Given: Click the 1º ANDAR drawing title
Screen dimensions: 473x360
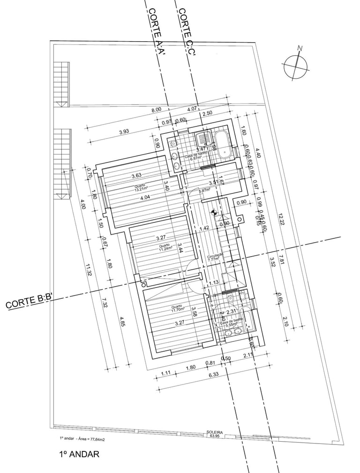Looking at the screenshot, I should [79, 454].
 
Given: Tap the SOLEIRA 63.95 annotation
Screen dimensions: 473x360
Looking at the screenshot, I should [214, 434].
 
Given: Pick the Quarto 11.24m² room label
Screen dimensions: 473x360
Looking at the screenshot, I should [165, 248].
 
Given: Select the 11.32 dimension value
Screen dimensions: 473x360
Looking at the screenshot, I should [88, 270].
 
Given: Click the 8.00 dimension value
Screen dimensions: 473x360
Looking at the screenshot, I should [156, 109].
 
